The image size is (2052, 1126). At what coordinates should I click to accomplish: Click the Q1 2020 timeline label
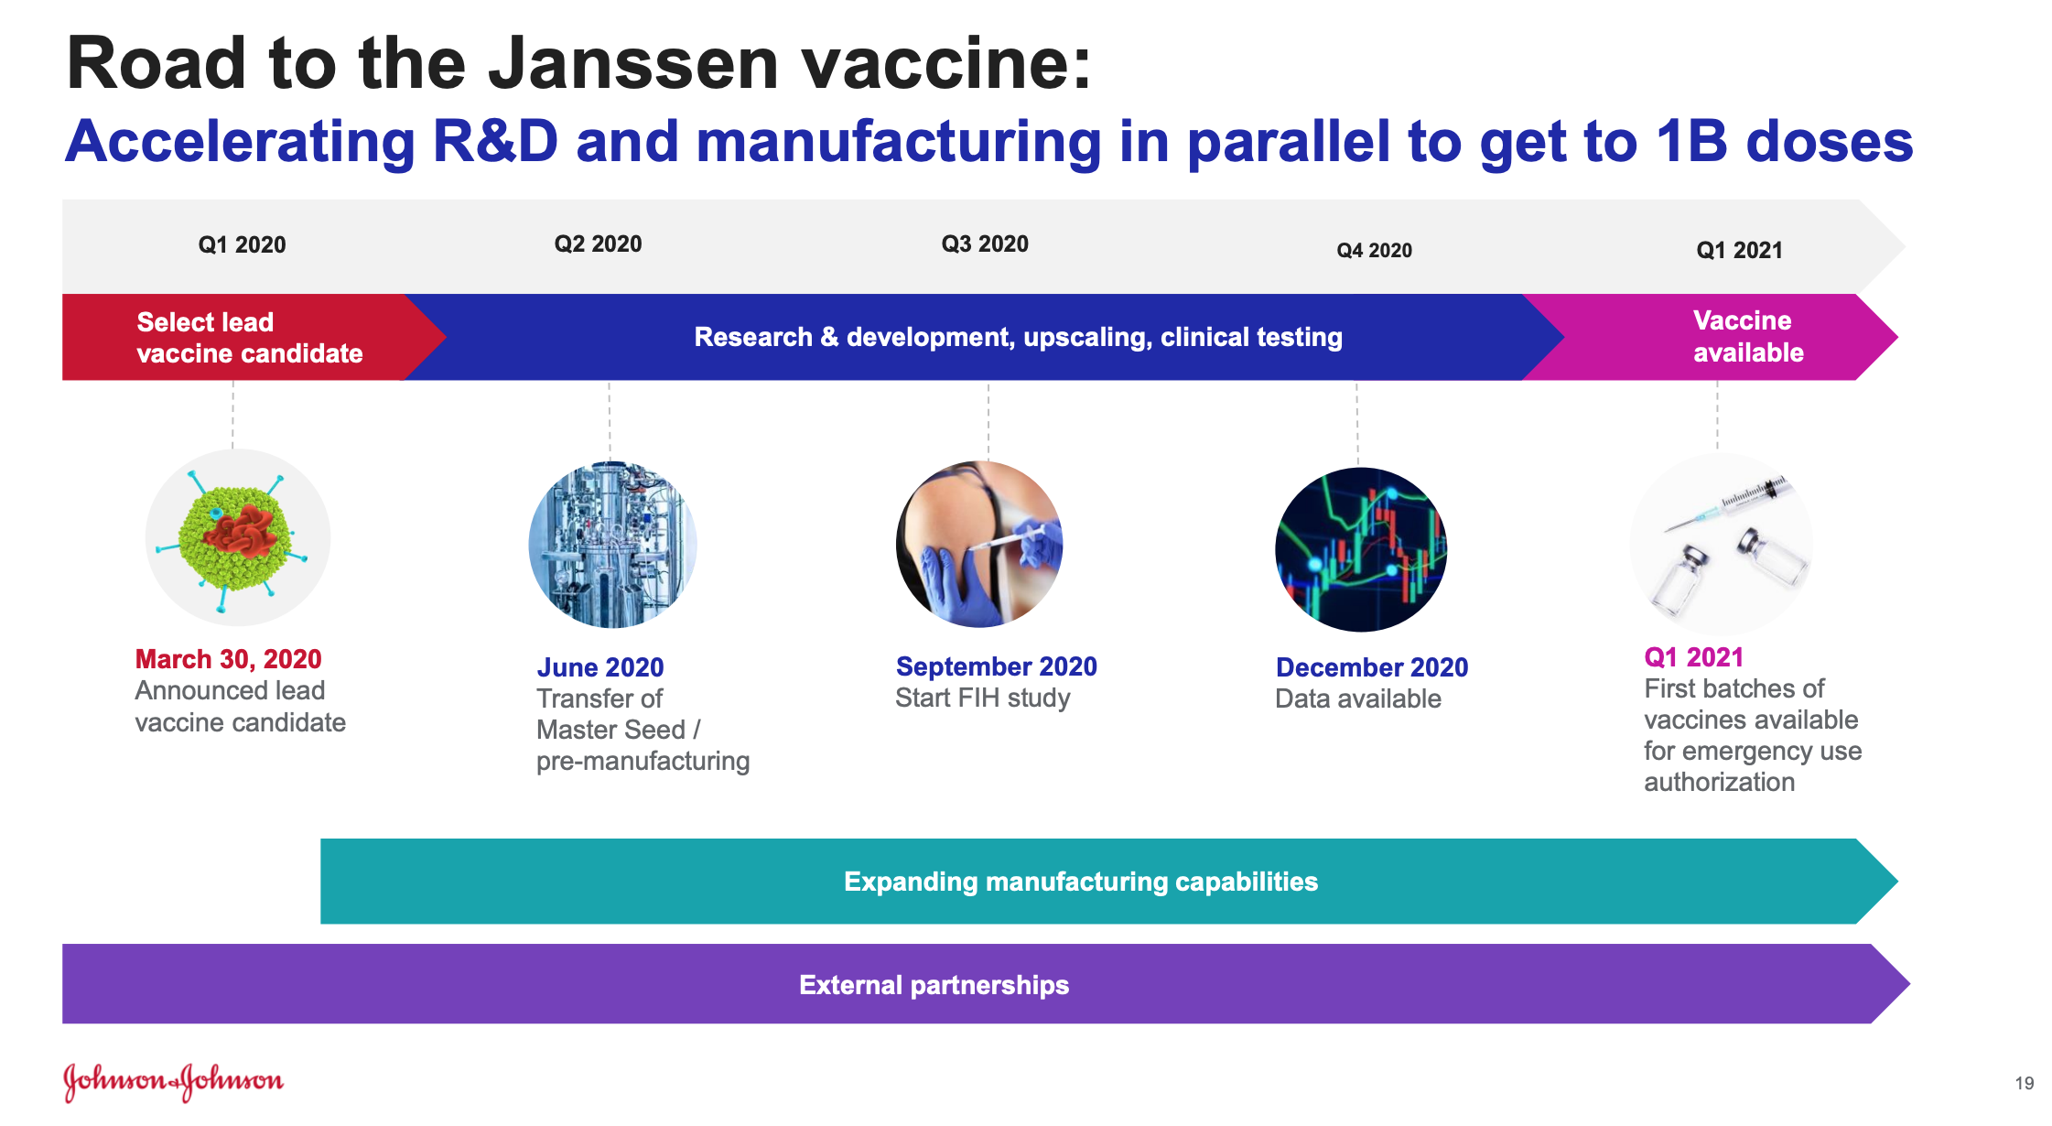[x=242, y=244]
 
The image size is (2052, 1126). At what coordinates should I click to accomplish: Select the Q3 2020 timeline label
[x=985, y=244]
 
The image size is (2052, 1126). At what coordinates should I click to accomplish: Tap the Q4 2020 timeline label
[x=1374, y=250]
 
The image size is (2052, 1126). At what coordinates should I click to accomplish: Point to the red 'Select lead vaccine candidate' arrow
[x=247, y=337]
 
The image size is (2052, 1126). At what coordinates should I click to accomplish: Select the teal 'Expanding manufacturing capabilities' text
[x=1081, y=882]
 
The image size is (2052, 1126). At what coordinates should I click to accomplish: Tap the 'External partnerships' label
[x=934, y=985]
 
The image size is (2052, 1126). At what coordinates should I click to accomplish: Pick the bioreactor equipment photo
[x=612, y=545]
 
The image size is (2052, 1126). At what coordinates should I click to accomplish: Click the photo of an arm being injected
[x=979, y=544]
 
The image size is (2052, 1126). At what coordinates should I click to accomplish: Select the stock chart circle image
[x=1361, y=549]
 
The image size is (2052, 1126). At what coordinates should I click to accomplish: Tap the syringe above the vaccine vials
[x=1726, y=504]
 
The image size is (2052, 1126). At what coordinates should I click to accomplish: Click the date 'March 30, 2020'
[x=228, y=659]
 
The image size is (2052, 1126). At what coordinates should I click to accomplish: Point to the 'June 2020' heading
[x=599, y=667]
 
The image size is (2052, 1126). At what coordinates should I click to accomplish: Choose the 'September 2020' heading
[x=996, y=666]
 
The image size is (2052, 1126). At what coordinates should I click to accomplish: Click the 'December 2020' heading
[x=1372, y=667]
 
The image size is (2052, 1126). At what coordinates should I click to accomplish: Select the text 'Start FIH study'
[x=982, y=698]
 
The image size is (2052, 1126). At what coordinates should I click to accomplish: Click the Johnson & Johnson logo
[x=173, y=1082]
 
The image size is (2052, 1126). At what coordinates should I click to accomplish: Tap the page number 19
[x=2024, y=1083]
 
